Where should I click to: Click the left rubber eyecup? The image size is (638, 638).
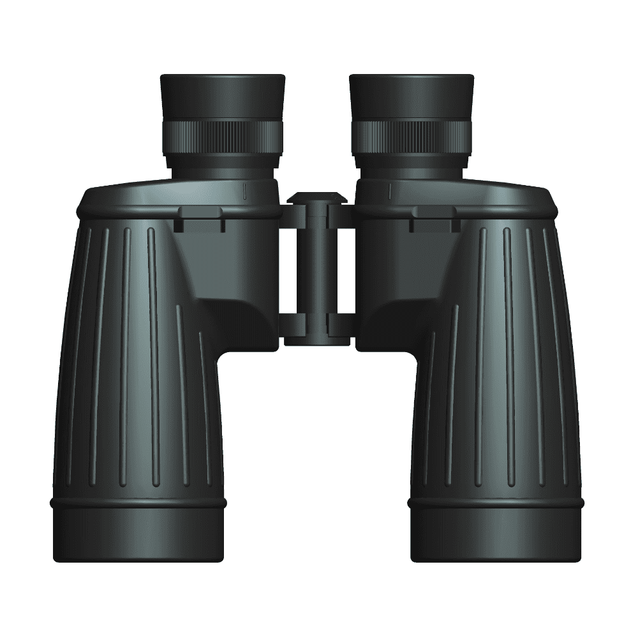pyautogui.click(x=222, y=96)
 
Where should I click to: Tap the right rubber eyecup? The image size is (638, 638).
pyautogui.click(x=412, y=96)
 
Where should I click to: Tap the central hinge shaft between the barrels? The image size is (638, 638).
pyautogui.click(x=317, y=268)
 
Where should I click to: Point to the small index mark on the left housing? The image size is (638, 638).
pyautogui.click(x=245, y=189)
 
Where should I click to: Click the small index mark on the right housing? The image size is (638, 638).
pyautogui.click(x=389, y=189)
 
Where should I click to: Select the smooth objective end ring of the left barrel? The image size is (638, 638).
pyautogui.click(x=138, y=533)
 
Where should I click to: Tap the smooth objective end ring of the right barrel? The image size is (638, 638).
pyautogui.click(x=496, y=533)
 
